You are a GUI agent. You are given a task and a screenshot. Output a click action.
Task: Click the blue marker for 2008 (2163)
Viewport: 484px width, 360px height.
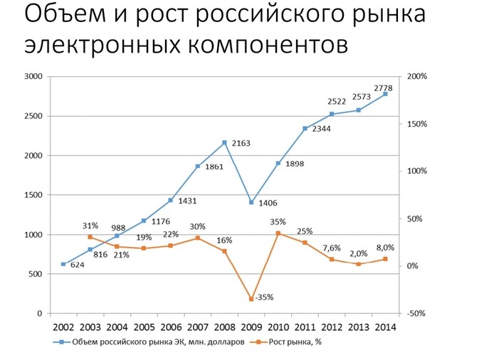[224, 142]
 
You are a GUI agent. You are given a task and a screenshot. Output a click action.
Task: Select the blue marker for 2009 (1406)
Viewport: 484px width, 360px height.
[251, 202]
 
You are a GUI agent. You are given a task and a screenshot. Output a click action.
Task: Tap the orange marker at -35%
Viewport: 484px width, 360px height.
[251, 299]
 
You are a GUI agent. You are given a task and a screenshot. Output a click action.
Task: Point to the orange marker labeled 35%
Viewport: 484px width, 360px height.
[278, 233]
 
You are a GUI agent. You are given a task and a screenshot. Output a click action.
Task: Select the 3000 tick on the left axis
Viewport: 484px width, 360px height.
[33, 76]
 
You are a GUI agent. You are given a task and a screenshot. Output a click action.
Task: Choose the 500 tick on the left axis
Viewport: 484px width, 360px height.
[36, 274]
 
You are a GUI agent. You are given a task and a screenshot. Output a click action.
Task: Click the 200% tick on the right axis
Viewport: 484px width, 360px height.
[416, 76]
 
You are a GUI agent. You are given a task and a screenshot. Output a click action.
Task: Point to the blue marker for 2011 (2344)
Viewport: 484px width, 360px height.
[305, 129]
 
